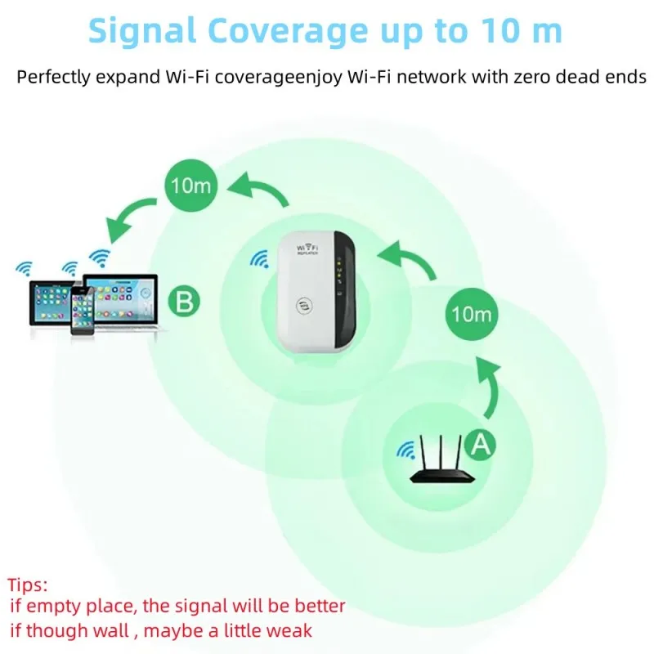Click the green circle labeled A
pyautogui.click(x=481, y=444)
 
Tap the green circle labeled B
pyautogui.click(x=185, y=302)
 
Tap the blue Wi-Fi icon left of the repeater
pyautogui.click(x=260, y=259)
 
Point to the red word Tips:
pyautogui.click(x=28, y=585)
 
